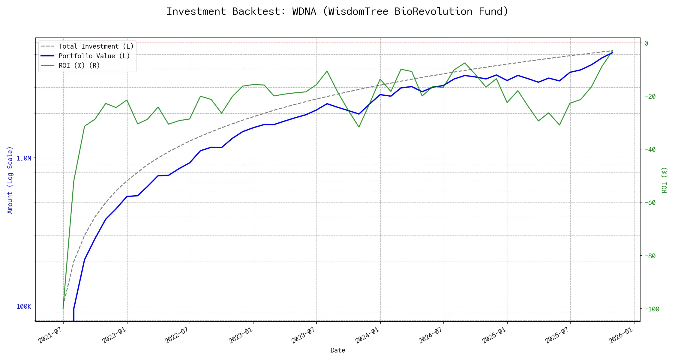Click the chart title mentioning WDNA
tap(337, 11)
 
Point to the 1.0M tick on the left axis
tap(24, 158)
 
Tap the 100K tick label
tap(24, 306)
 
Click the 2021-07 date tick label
tap(50, 335)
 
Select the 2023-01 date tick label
tap(241, 335)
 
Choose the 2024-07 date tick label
tap(431, 335)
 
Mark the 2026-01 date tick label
tap(621, 335)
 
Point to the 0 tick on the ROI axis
tap(646, 43)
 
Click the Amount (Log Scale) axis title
tap(10, 180)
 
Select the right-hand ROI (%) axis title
tap(664, 180)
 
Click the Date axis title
tap(338, 350)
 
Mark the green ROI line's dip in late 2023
tap(359, 127)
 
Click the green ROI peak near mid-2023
tap(327, 71)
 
